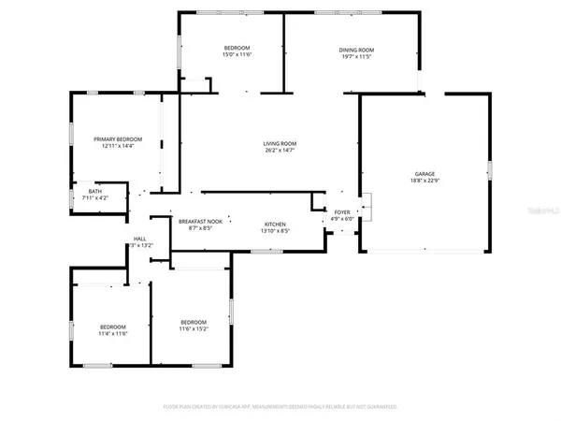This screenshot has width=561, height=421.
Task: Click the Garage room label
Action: click(x=425, y=174)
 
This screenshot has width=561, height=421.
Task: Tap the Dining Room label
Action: click(x=356, y=50)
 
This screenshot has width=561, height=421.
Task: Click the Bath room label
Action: click(x=95, y=192)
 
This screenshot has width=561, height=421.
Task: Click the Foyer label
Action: click(x=342, y=212)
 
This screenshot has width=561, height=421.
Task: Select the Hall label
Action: click(x=139, y=239)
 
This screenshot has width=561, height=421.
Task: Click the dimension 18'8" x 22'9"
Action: click(x=425, y=181)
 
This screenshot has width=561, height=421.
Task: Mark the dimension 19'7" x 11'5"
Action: click(x=356, y=57)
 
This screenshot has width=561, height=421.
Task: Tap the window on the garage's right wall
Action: click(x=489, y=170)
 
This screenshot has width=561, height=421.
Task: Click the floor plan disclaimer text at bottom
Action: click(x=280, y=407)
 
